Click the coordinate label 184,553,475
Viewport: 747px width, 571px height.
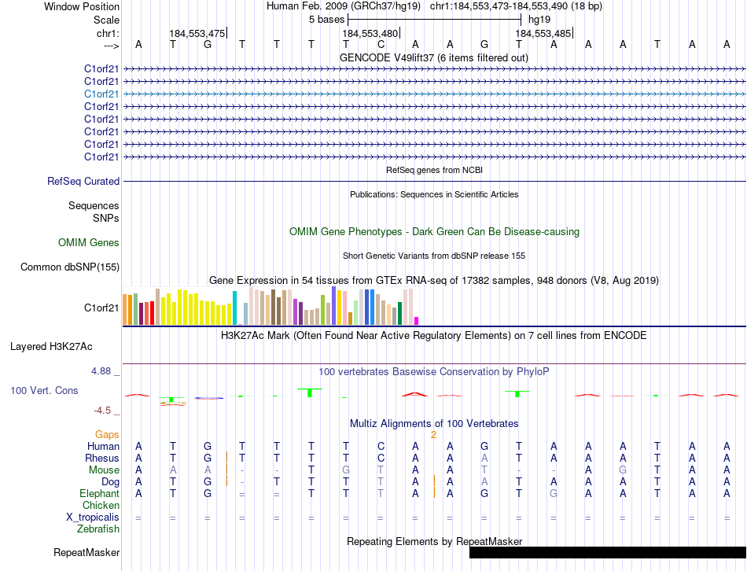point(197,33)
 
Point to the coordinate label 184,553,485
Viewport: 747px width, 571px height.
point(543,33)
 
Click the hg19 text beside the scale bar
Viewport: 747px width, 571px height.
point(539,18)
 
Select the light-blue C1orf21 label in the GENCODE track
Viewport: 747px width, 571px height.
point(101,94)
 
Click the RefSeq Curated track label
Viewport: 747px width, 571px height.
point(83,182)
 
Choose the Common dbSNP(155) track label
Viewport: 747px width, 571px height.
point(69,267)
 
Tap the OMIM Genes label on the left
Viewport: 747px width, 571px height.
point(89,243)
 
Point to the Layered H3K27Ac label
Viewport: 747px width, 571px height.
point(51,346)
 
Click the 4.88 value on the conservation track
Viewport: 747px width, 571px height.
point(103,370)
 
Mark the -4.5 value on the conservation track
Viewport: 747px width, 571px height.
point(101,410)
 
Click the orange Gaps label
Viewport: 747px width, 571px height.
point(107,434)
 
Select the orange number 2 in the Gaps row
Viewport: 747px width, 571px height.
point(433,434)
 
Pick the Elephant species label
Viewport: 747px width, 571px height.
point(99,493)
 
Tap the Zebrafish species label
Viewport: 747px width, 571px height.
point(98,529)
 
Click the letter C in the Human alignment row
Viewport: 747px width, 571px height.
point(381,446)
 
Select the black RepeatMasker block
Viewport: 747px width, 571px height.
point(607,552)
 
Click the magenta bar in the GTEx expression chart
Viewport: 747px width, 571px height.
point(417,320)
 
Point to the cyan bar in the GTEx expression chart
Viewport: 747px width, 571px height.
point(234,307)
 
